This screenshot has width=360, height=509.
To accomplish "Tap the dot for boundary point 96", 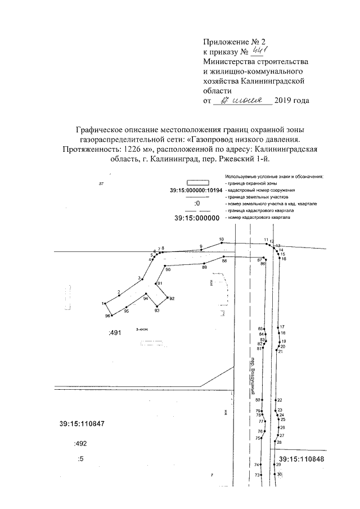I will click(x=112, y=316).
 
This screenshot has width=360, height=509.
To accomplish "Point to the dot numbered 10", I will click(x=221, y=243).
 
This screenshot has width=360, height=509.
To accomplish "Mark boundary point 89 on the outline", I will click(x=204, y=263).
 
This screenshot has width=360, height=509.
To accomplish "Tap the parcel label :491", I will click(x=115, y=333).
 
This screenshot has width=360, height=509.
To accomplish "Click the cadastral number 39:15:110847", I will click(x=82, y=424).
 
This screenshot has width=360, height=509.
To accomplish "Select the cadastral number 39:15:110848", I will click(x=302, y=459).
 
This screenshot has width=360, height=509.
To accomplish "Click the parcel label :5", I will click(x=80, y=460).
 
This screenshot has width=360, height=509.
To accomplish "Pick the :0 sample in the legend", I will click(x=197, y=204).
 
